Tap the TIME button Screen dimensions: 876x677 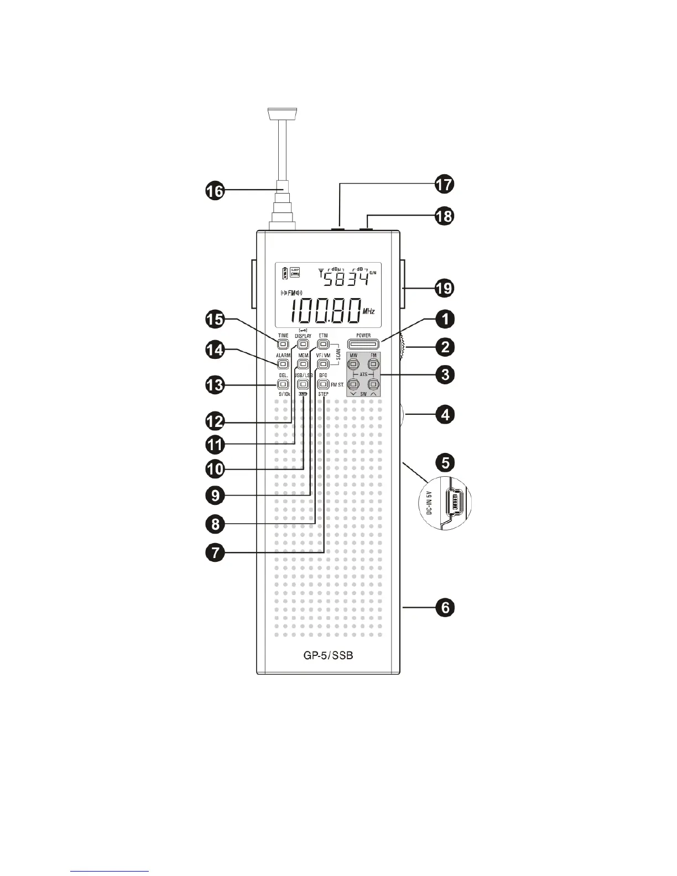(x=283, y=345)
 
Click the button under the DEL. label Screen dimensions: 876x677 (x=283, y=384)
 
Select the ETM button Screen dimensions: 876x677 (x=323, y=345)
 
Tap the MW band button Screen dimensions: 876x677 (x=354, y=364)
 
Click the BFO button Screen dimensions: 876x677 (x=323, y=384)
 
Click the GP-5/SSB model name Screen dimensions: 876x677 (x=329, y=656)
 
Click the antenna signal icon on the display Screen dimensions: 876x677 (x=321, y=272)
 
